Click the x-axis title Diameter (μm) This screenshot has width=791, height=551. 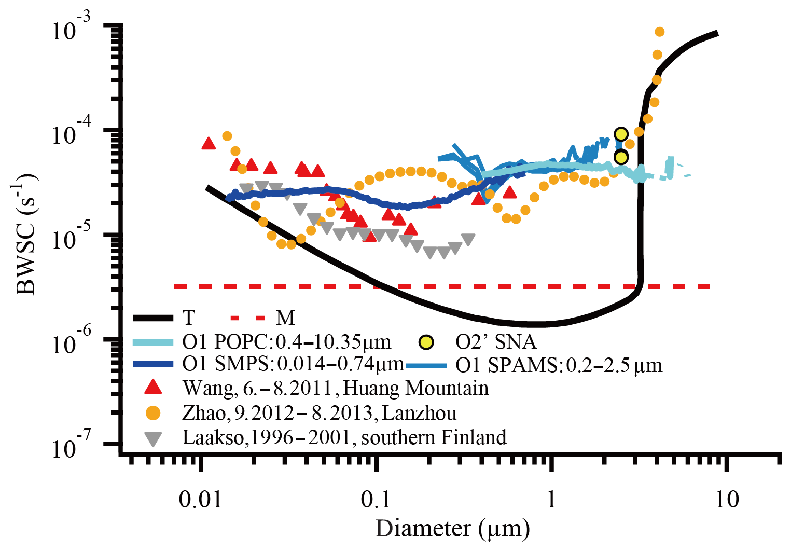453,529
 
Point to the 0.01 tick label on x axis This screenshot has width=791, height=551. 200,499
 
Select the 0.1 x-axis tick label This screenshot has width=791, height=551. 375,499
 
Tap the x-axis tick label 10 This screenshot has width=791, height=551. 727,499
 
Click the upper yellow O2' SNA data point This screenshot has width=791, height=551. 621,134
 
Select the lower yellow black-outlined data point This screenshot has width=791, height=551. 621,157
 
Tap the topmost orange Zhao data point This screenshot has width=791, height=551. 659,32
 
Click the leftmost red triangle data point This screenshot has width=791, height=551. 209,144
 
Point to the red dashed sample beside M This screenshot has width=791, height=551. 248,318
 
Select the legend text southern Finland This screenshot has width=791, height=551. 434,437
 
